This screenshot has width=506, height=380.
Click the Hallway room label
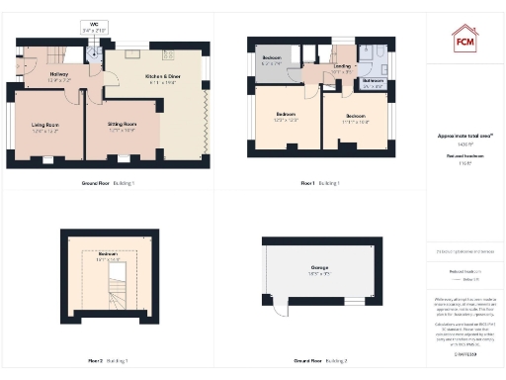57,72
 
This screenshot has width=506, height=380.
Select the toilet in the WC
92,51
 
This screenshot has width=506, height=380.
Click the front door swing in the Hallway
24,67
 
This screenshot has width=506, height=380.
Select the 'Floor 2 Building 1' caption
110,360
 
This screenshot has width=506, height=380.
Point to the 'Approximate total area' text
465,135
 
